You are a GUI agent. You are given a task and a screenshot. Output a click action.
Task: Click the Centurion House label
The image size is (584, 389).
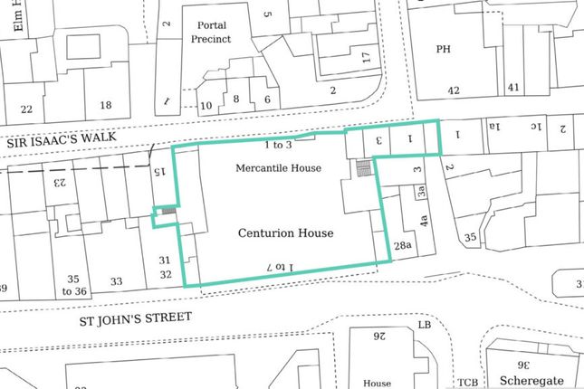point(285,232)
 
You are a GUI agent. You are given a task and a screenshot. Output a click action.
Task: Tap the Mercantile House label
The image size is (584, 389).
point(279,168)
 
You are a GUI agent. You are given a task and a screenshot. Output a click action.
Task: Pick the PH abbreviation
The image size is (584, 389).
point(444,50)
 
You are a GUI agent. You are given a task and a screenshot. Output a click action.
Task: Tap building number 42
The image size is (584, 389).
point(454,90)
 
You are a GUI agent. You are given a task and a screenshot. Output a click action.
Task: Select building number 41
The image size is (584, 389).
point(512,88)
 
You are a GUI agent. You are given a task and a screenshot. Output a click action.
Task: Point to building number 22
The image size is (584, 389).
point(26,109)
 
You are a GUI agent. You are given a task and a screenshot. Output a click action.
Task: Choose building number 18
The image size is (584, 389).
point(106,106)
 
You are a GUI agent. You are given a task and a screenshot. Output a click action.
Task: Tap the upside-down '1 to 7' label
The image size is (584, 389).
point(281,265)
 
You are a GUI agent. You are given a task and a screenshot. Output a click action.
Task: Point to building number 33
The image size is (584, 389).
point(116,281)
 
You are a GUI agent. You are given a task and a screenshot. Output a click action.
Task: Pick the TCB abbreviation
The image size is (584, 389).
point(467,381)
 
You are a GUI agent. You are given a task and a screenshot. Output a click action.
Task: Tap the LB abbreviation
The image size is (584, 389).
point(423,324)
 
